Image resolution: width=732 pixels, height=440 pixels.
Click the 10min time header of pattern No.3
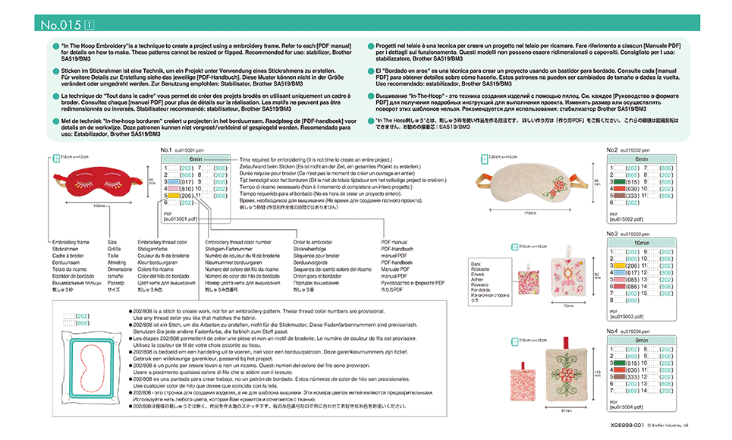tap(640, 243)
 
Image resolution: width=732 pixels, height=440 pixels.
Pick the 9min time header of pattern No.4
tap(640, 341)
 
